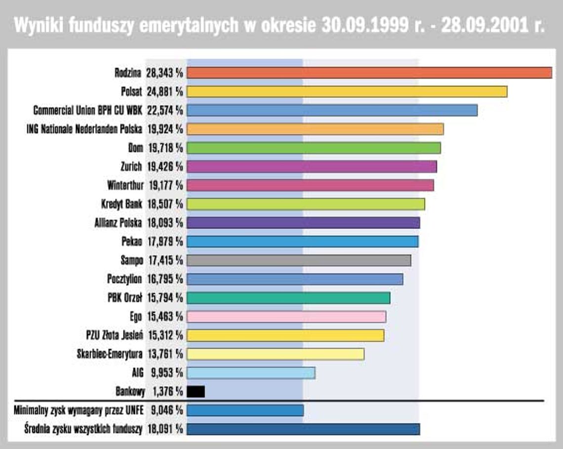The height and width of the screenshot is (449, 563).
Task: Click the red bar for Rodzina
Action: pos(369,73)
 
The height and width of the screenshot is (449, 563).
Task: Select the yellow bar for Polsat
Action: pos(347,91)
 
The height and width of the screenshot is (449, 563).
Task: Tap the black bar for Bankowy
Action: pos(196,392)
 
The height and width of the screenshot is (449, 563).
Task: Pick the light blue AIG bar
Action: pos(251,373)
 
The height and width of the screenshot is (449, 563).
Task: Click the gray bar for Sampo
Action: pos(299,260)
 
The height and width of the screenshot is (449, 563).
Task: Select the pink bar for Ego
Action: pos(286,317)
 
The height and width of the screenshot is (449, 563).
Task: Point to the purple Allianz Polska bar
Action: pos(303,223)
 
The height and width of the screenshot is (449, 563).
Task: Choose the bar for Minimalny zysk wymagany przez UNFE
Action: pos(245,410)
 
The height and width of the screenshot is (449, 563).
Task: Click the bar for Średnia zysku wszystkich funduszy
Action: pos(303,429)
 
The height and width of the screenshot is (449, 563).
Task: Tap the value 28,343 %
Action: pos(164,73)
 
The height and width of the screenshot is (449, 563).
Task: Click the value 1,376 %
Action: pos(166,392)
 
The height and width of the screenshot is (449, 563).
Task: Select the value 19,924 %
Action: pos(165,129)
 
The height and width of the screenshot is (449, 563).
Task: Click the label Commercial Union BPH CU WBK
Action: pos(88,111)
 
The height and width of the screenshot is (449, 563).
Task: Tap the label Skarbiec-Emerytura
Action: pos(110,354)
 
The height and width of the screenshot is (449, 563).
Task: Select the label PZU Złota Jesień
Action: pos(115,335)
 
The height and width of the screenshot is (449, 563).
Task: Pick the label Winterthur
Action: pos(124,186)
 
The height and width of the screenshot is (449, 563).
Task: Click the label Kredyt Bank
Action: pos(121,204)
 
